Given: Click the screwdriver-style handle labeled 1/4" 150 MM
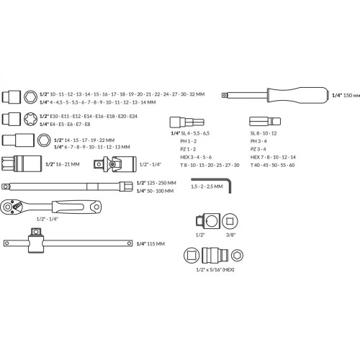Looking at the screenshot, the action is click(x=275, y=95).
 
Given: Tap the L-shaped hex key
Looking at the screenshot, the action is click(x=230, y=185).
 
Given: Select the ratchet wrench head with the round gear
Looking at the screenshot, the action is click(x=9, y=207).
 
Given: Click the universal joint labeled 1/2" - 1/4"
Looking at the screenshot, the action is click(x=115, y=164).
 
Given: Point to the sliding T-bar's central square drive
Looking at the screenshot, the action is click(x=36, y=232).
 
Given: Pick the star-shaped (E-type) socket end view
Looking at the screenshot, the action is click(x=30, y=119).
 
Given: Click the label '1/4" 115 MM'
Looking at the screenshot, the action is click(x=150, y=244).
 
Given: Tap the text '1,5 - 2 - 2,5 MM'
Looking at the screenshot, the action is click(x=207, y=186).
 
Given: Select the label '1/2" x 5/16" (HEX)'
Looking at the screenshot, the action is click(x=215, y=269).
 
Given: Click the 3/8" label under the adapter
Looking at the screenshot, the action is click(x=230, y=235).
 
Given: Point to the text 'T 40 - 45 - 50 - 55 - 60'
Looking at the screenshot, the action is click(x=272, y=165).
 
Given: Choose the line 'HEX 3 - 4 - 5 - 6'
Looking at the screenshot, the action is click(x=196, y=157).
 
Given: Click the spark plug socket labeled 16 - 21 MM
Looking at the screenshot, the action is click(x=22, y=164).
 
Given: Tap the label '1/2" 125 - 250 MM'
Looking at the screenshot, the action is click(x=156, y=183).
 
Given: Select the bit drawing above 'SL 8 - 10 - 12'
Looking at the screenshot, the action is click(x=265, y=122).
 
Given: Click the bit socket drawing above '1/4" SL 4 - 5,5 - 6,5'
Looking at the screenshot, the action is click(x=187, y=122).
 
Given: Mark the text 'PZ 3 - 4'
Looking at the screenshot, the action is click(x=258, y=149).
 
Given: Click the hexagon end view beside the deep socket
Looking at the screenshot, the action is click(x=44, y=140).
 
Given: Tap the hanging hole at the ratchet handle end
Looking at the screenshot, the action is click(x=96, y=207).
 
